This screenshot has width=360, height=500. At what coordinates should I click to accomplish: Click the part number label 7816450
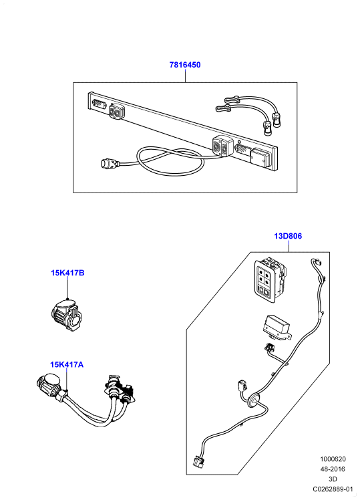point(185,65)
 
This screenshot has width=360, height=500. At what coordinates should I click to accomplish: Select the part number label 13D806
point(288,236)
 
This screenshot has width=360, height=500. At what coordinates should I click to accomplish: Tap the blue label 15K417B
point(67,273)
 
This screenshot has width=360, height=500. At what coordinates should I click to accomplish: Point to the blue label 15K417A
point(67,364)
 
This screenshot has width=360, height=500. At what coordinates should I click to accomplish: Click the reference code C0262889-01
point(333,489)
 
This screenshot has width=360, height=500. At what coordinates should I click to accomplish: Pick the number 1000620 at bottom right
point(333,459)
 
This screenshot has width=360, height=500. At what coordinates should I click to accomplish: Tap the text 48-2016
point(333,469)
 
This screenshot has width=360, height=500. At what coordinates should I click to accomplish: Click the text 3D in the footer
point(333,479)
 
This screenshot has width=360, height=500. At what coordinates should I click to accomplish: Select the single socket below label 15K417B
point(65,314)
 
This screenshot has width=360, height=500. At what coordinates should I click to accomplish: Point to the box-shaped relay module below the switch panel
point(276,328)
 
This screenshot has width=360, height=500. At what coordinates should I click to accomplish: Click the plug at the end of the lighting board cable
point(110,164)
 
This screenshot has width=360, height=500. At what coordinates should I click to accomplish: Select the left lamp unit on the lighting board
point(117,112)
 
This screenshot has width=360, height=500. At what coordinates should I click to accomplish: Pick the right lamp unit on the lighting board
point(221,146)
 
